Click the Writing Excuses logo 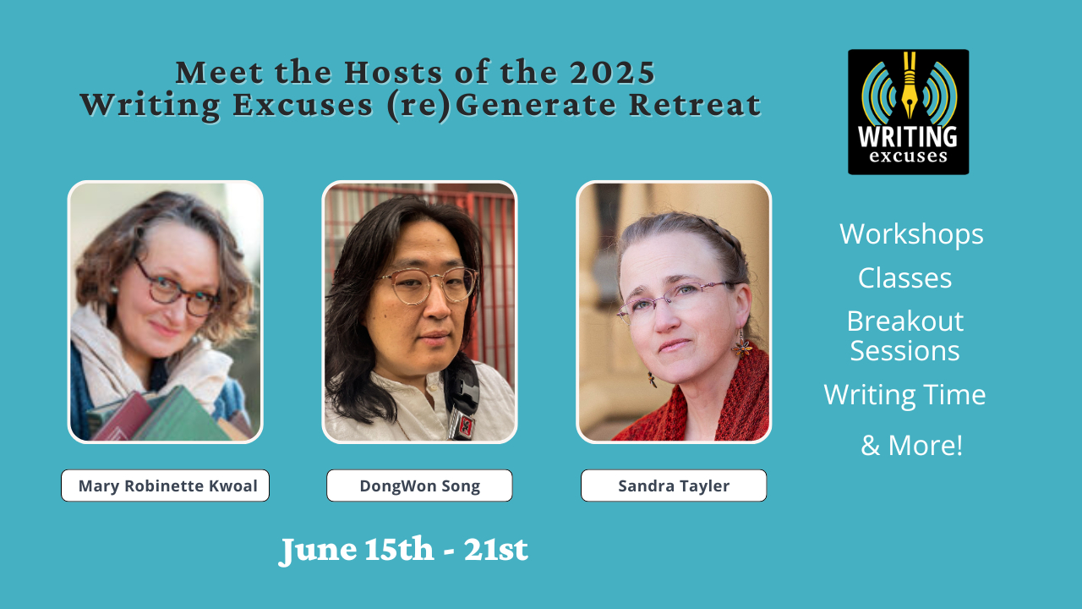click(908, 112)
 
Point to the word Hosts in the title click(393, 73)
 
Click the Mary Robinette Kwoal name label click(165, 486)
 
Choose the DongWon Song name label click(419, 486)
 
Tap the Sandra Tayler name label click(674, 486)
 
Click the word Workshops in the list click(911, 234)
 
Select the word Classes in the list click(904, 278)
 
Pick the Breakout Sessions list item click(904, 336)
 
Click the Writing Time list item click(904, 394)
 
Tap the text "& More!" click(911, 445)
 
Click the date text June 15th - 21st click(403, 550)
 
